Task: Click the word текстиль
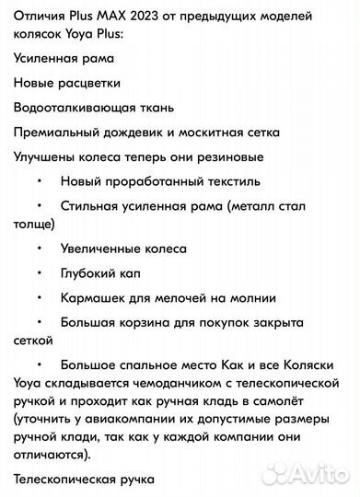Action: tap(208, 182)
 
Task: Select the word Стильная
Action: tap(90, 207)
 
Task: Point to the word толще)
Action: tap(34, 223)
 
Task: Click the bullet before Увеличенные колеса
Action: tap(40, 248)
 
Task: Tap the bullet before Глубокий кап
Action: tap(40, 273)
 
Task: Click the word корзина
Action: tap(146, 323)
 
